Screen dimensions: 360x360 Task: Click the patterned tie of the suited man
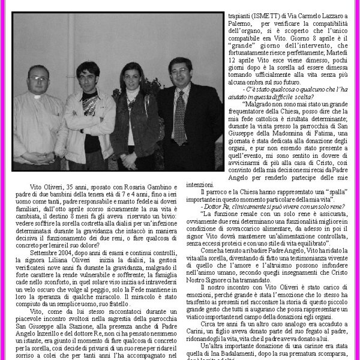[x=179, y=117]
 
